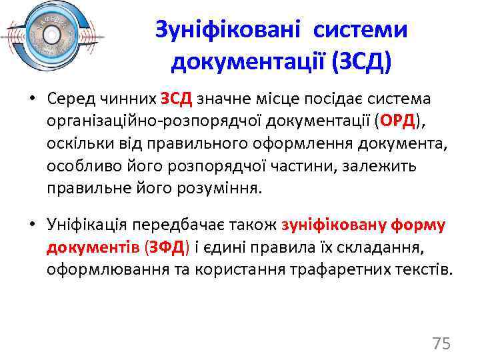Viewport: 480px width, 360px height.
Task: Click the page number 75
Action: (x=441, y=343)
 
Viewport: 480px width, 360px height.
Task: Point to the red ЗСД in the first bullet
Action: (x=176, y=99)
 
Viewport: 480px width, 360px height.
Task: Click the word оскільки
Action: (x=74, y=144)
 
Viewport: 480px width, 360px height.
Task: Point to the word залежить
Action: (x=400, y=166)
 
